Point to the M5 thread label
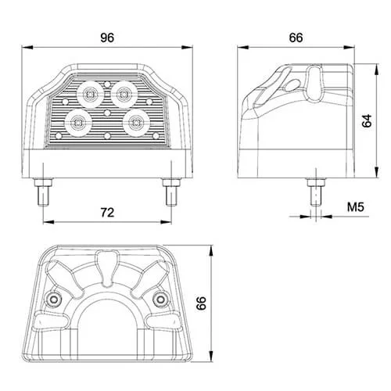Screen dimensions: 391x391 point(357,207)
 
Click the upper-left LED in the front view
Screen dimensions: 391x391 point(90,93)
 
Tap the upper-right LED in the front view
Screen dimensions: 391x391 point(123,95)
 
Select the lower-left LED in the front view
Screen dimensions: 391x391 point(78,121)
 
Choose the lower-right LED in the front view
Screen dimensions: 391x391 point(138,122)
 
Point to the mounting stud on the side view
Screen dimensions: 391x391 point(313,190)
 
